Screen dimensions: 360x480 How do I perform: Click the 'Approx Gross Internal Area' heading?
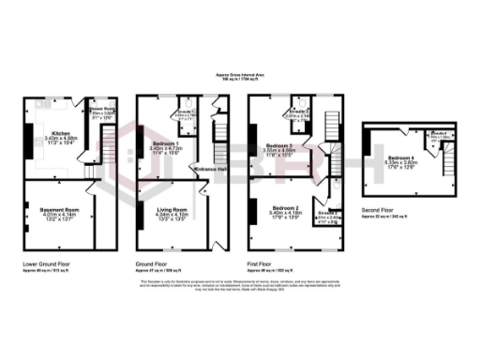coord(240,76)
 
